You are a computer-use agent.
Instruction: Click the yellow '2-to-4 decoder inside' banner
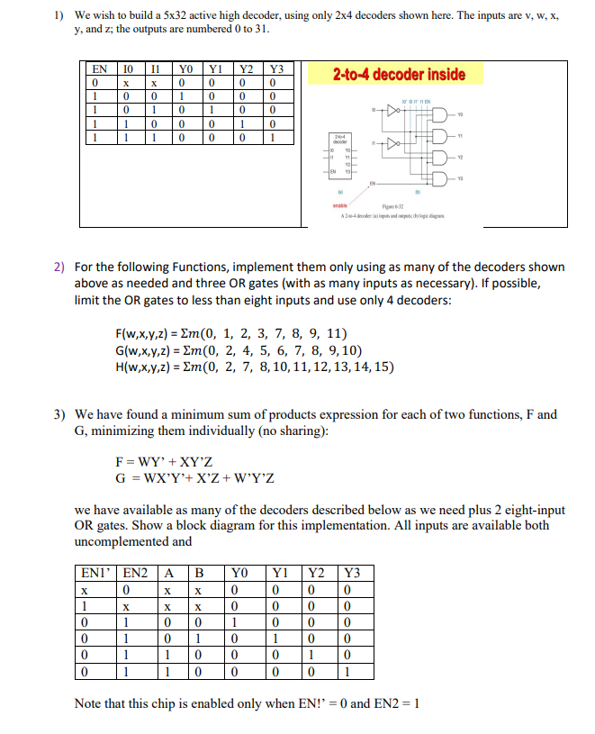399,74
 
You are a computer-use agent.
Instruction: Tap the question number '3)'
59,415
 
